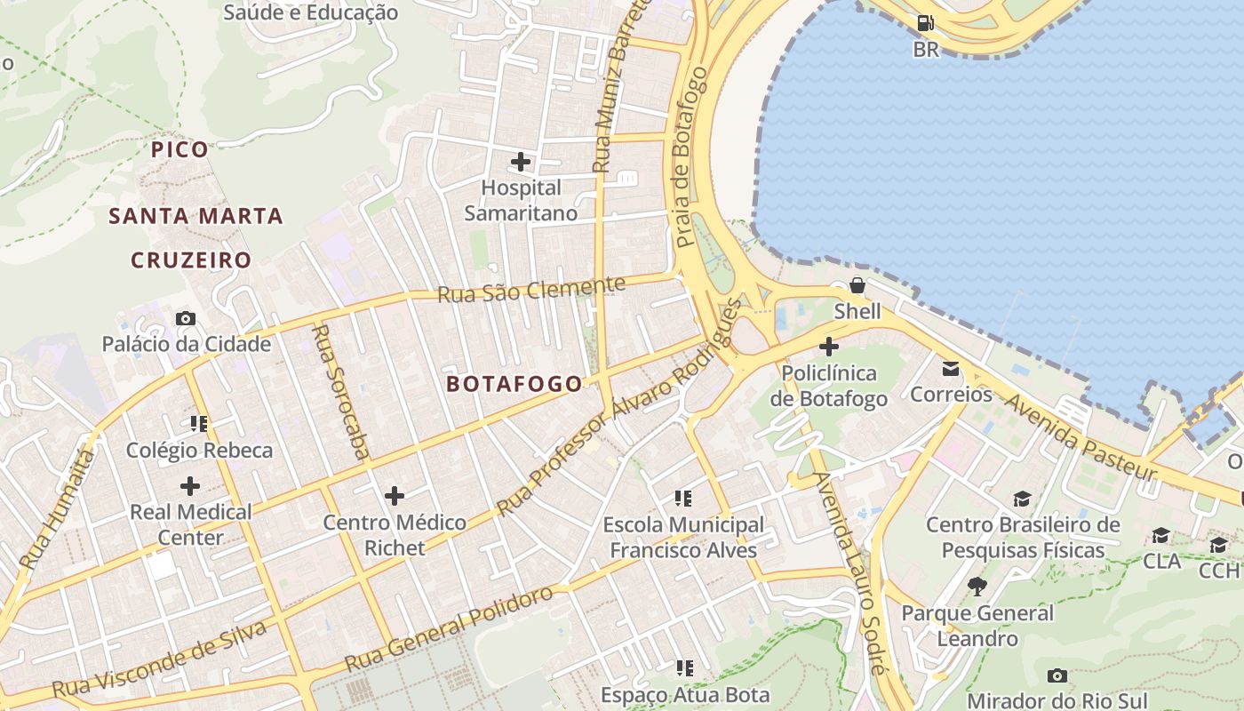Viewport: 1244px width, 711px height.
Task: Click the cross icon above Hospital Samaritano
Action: (521, 162)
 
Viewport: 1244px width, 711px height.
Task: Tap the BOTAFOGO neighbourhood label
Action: (514, 384)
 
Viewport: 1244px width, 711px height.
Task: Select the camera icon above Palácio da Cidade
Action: (186, 318)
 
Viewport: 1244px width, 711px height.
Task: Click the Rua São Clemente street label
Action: (531, 289)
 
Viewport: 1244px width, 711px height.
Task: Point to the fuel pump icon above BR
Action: (925, 23)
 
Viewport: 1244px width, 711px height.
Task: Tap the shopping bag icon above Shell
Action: (857, 285)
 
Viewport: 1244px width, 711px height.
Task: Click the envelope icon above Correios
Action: (951, 368)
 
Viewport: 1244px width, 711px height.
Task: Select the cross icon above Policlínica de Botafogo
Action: (829, 347)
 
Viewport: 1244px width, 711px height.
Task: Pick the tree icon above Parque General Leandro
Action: (977, 587)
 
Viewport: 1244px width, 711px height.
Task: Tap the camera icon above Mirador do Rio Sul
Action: (1057, 675)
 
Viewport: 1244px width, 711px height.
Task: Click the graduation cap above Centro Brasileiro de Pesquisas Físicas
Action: (1023, 499)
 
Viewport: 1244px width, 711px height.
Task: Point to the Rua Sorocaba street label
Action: (340, 392)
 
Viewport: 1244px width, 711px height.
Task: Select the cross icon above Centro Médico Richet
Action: (395, 495)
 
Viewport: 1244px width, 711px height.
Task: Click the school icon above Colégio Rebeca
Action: (199, 424)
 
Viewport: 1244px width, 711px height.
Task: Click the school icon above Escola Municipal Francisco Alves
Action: (683, 498)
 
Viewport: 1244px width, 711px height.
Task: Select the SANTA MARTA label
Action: (195, 216)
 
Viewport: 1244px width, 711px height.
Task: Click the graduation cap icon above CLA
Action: (1160, 535)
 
